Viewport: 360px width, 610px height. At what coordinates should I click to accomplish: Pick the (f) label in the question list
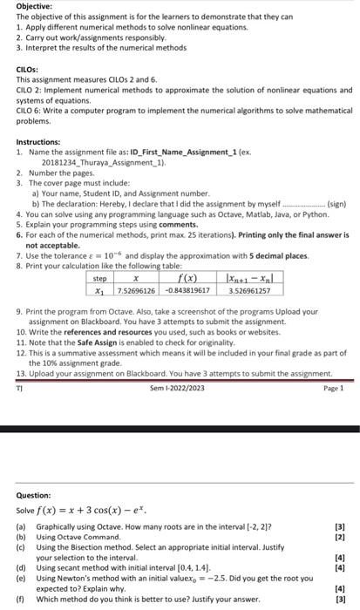21,599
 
